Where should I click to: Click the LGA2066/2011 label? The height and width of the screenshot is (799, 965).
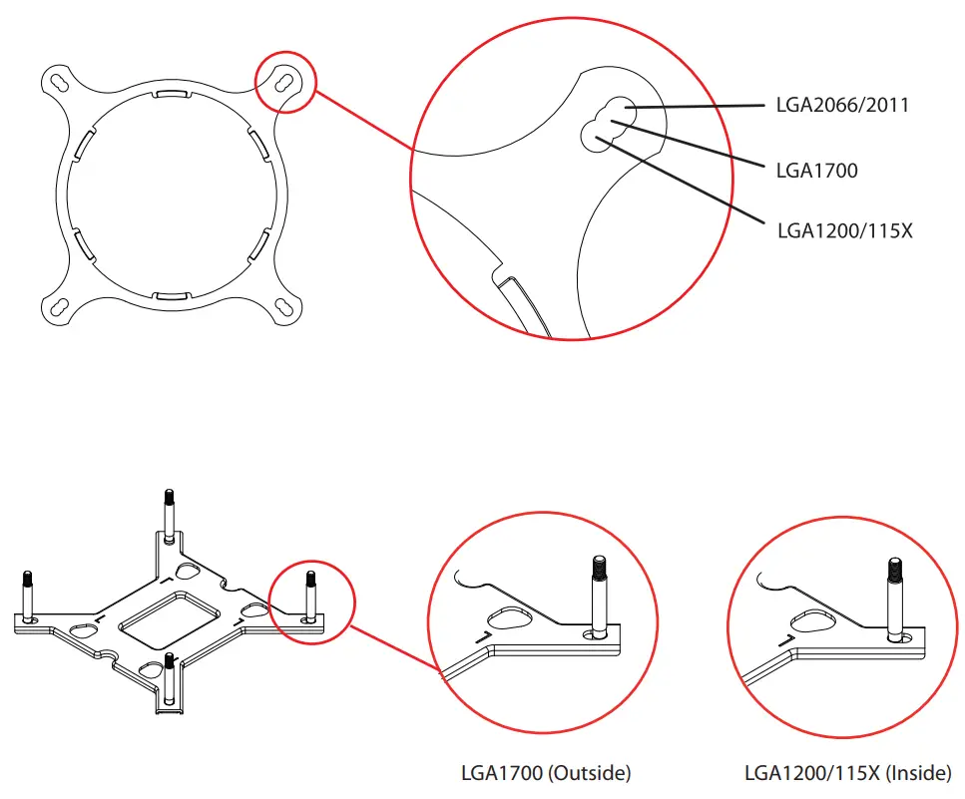click(x=842, y=105)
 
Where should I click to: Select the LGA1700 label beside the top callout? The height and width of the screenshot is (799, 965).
click(x=816, y=171)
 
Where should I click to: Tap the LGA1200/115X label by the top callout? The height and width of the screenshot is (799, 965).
click(x=844, y=230)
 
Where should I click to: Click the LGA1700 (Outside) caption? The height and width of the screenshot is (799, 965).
click(x=546, y=772)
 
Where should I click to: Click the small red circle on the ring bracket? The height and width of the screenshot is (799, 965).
click(x=285, y=83)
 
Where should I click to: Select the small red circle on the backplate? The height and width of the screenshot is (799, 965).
click(x=313, y=602)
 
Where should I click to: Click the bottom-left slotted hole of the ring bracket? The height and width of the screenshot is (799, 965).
click(x=57, y=307)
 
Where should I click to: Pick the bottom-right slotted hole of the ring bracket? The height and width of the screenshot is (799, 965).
click(x=285, y=307)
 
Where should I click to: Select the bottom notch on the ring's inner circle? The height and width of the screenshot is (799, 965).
click(x=172, y=295)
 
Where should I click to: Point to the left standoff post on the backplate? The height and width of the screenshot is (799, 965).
click(x=27, y=595)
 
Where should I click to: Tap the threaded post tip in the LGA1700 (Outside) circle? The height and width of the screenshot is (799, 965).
click(x=598, y=567)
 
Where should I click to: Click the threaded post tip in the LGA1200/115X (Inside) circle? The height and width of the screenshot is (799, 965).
click(x=896, y=571)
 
